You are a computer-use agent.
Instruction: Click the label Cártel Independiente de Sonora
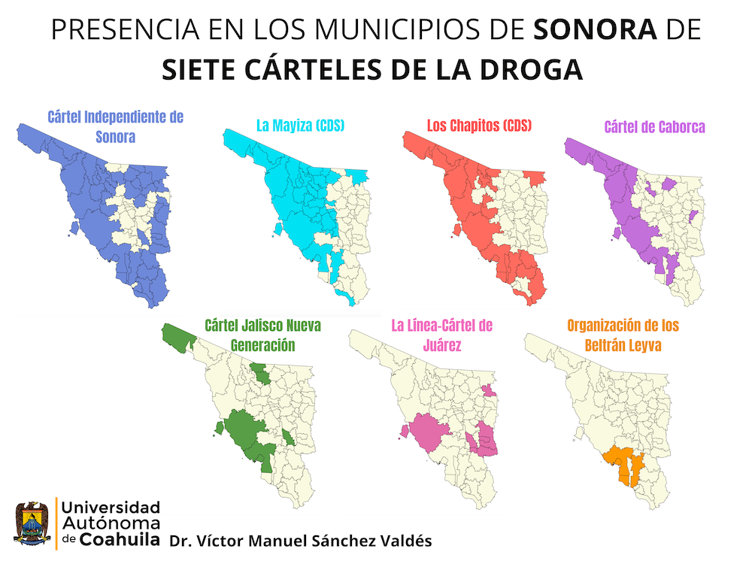115,127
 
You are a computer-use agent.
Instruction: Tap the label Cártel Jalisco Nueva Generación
262,335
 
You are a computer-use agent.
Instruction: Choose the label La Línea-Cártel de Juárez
441,335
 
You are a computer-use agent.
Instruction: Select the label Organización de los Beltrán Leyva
623,335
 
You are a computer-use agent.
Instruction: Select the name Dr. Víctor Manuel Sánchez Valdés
301,541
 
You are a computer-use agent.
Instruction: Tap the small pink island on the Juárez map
405,431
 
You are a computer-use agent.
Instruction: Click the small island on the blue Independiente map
74,226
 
